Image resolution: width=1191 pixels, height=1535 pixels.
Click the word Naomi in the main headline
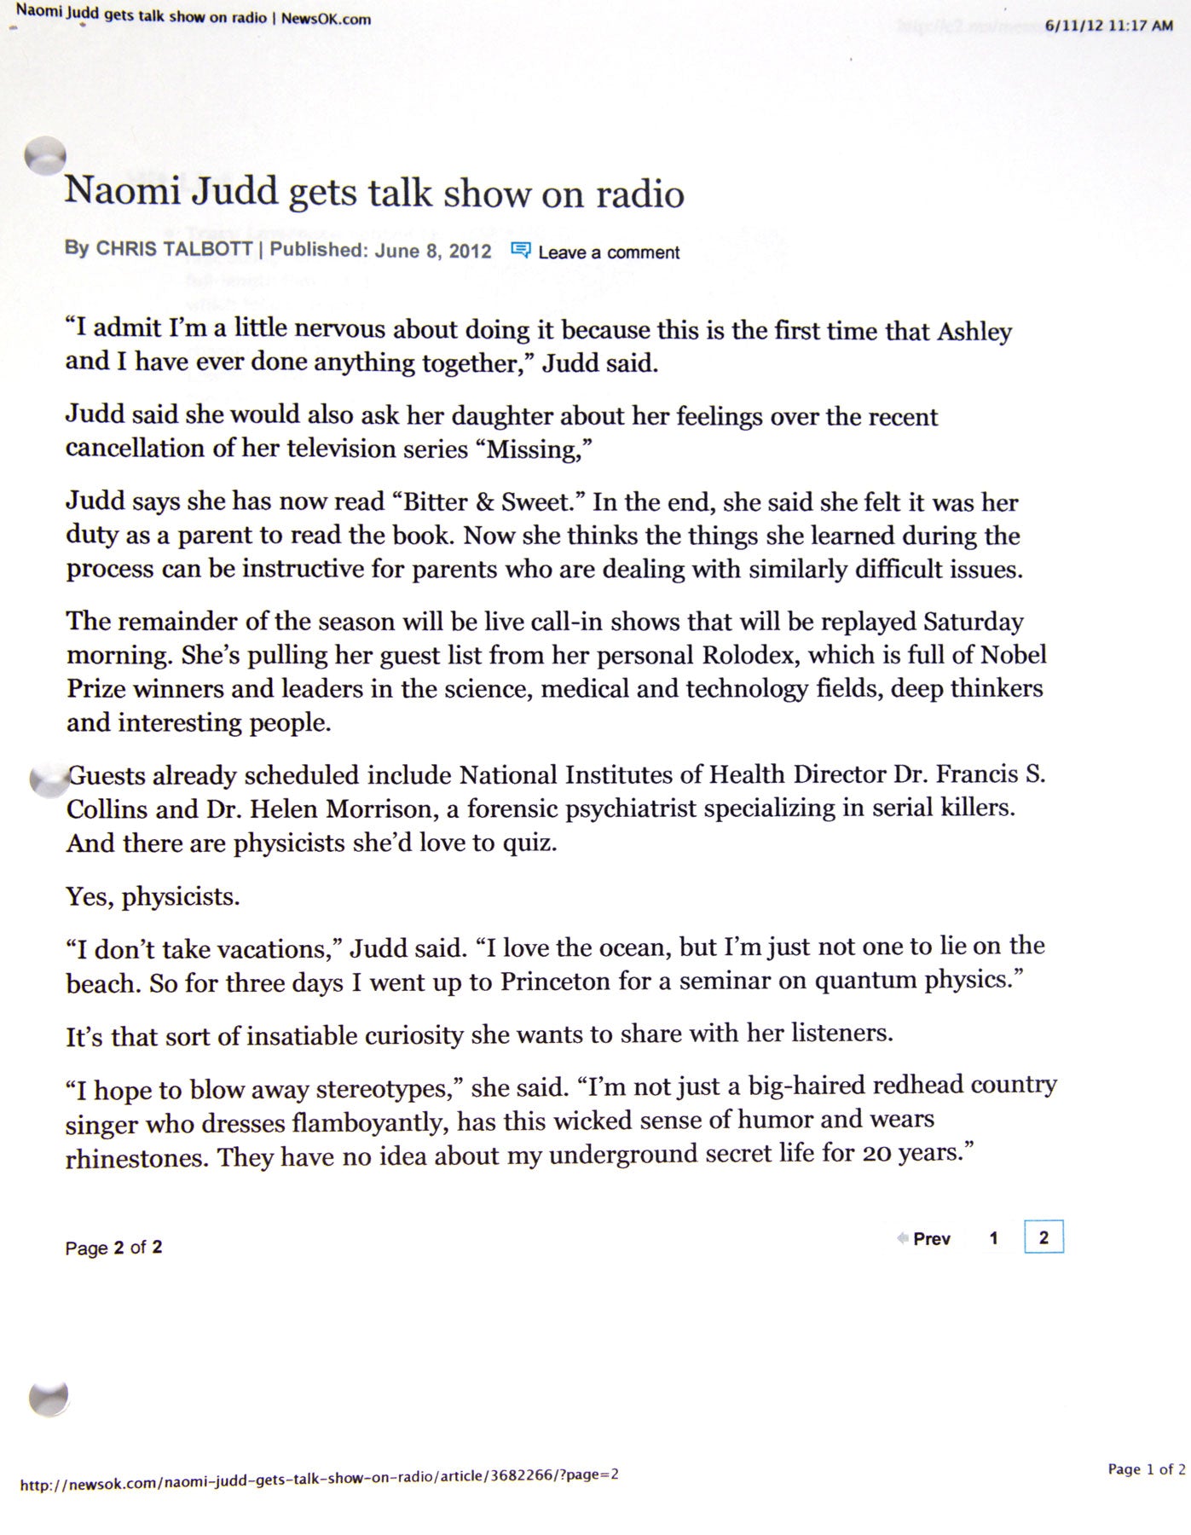coord(123,190)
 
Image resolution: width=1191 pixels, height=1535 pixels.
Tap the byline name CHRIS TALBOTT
coord(174,249)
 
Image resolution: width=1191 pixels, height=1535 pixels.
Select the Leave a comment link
coord(609,252)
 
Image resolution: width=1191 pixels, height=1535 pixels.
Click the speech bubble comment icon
coord(520,250)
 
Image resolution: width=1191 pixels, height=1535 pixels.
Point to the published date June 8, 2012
coord(433,251)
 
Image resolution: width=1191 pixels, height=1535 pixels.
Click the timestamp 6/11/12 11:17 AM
coord(1108,26)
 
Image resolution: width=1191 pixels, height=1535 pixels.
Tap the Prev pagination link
coord(931,1239)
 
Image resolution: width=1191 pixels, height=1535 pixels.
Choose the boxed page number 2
coord(1044,1237)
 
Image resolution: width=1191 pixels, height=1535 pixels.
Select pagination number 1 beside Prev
coord(993,1238)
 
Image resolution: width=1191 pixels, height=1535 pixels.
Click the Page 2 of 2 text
coord(113,1248)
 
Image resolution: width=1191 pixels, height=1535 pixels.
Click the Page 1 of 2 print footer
coord(1146,1468)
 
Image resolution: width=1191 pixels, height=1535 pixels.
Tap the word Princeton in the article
coord(555,982)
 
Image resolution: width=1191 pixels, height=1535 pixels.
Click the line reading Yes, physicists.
coord(153,896)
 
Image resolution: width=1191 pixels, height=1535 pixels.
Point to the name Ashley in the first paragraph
coord(974,331)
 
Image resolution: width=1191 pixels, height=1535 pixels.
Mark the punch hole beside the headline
coord(46,155)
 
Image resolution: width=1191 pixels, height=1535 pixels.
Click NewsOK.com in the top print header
coord(326,19)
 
